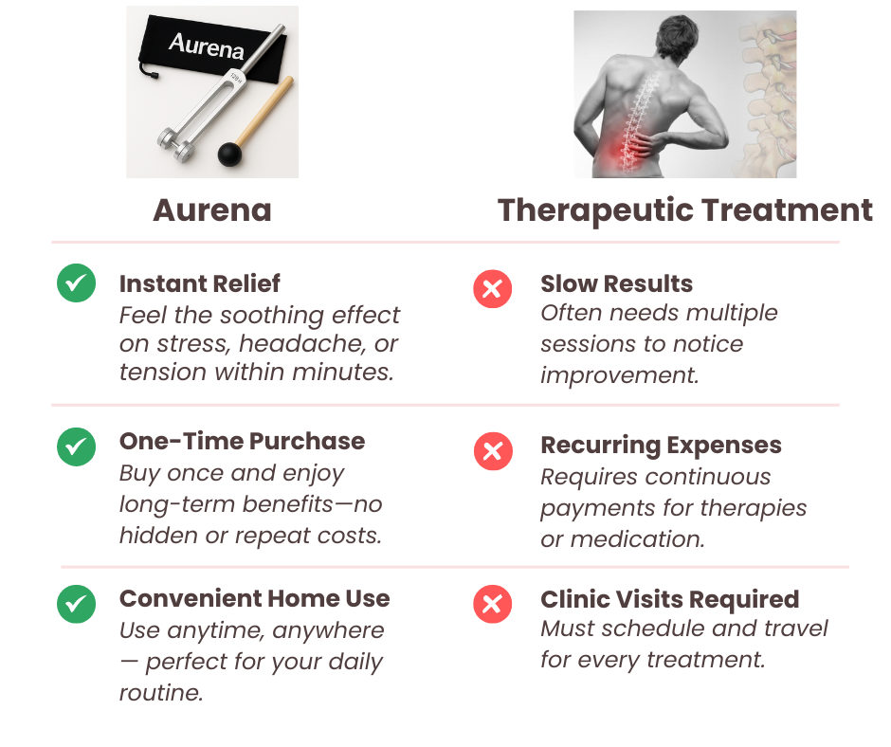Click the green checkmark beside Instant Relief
pos(76,283)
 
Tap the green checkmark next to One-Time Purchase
pos(76,446)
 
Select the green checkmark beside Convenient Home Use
pos(76,604)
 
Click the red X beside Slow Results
pos(493,289)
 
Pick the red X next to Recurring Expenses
pos(493,451)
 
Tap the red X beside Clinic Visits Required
pos(493,604)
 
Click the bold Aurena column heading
pos(212,210)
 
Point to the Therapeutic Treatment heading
pos(684,210)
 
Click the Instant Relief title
pos(199,283)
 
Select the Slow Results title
pos(616,283)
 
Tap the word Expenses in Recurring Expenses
pos(721,446)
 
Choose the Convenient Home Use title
pos(255,598)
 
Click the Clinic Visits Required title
pos(670,600)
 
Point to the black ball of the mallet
pos(230,155)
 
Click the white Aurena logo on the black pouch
pos(207,46)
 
